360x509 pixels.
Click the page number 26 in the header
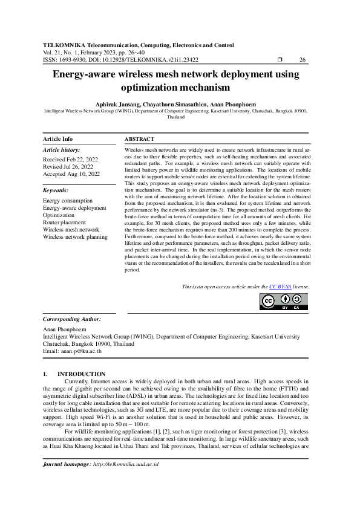303,60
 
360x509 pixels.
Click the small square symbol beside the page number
280,60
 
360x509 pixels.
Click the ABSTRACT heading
139,139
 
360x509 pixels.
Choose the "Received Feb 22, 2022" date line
70,160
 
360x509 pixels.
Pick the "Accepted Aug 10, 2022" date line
70,174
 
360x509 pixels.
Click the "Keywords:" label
56,190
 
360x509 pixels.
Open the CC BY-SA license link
281,286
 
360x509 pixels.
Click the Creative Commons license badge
284,301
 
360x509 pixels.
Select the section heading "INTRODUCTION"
85,374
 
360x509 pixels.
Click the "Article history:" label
62,149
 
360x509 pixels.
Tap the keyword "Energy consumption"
68,201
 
